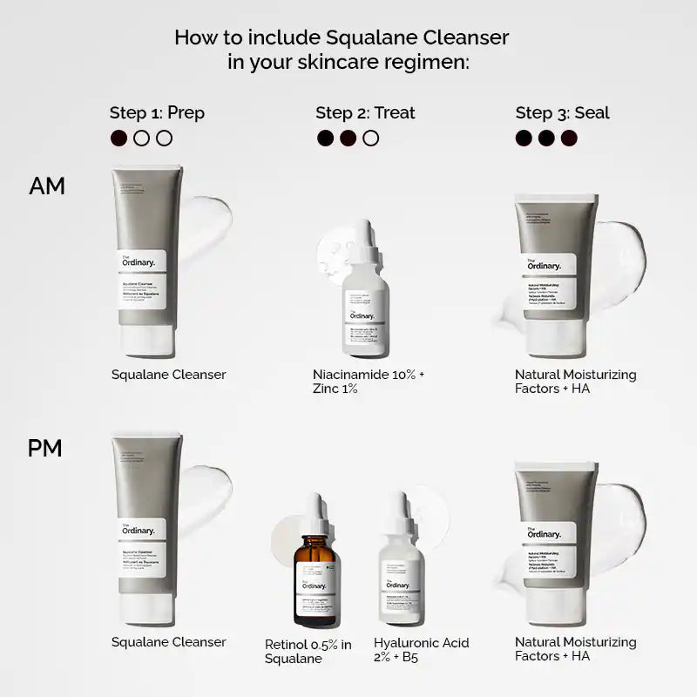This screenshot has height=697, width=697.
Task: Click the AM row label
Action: click(47, 186)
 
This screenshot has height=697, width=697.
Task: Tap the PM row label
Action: click(45, 449)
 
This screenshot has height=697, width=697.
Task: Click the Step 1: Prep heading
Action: click(157, 112)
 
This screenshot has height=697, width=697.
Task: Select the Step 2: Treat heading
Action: click(365, 112)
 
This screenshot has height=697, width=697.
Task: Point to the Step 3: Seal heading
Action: click(562, 112)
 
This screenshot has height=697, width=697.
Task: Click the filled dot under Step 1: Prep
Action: click(119, 138)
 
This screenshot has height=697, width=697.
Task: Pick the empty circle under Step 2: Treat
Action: click(370, 138)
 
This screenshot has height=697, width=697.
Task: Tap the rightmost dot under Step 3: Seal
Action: click(569, 138)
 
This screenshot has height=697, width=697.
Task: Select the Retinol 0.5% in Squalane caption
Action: click(308, 651)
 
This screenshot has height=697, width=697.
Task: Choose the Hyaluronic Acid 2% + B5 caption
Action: click(421, 649)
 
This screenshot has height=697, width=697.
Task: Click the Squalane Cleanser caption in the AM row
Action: click(169, 375)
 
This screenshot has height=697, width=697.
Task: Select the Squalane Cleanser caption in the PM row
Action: click(169, 642)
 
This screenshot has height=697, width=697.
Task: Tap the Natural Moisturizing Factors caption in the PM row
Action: click(575, 649)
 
